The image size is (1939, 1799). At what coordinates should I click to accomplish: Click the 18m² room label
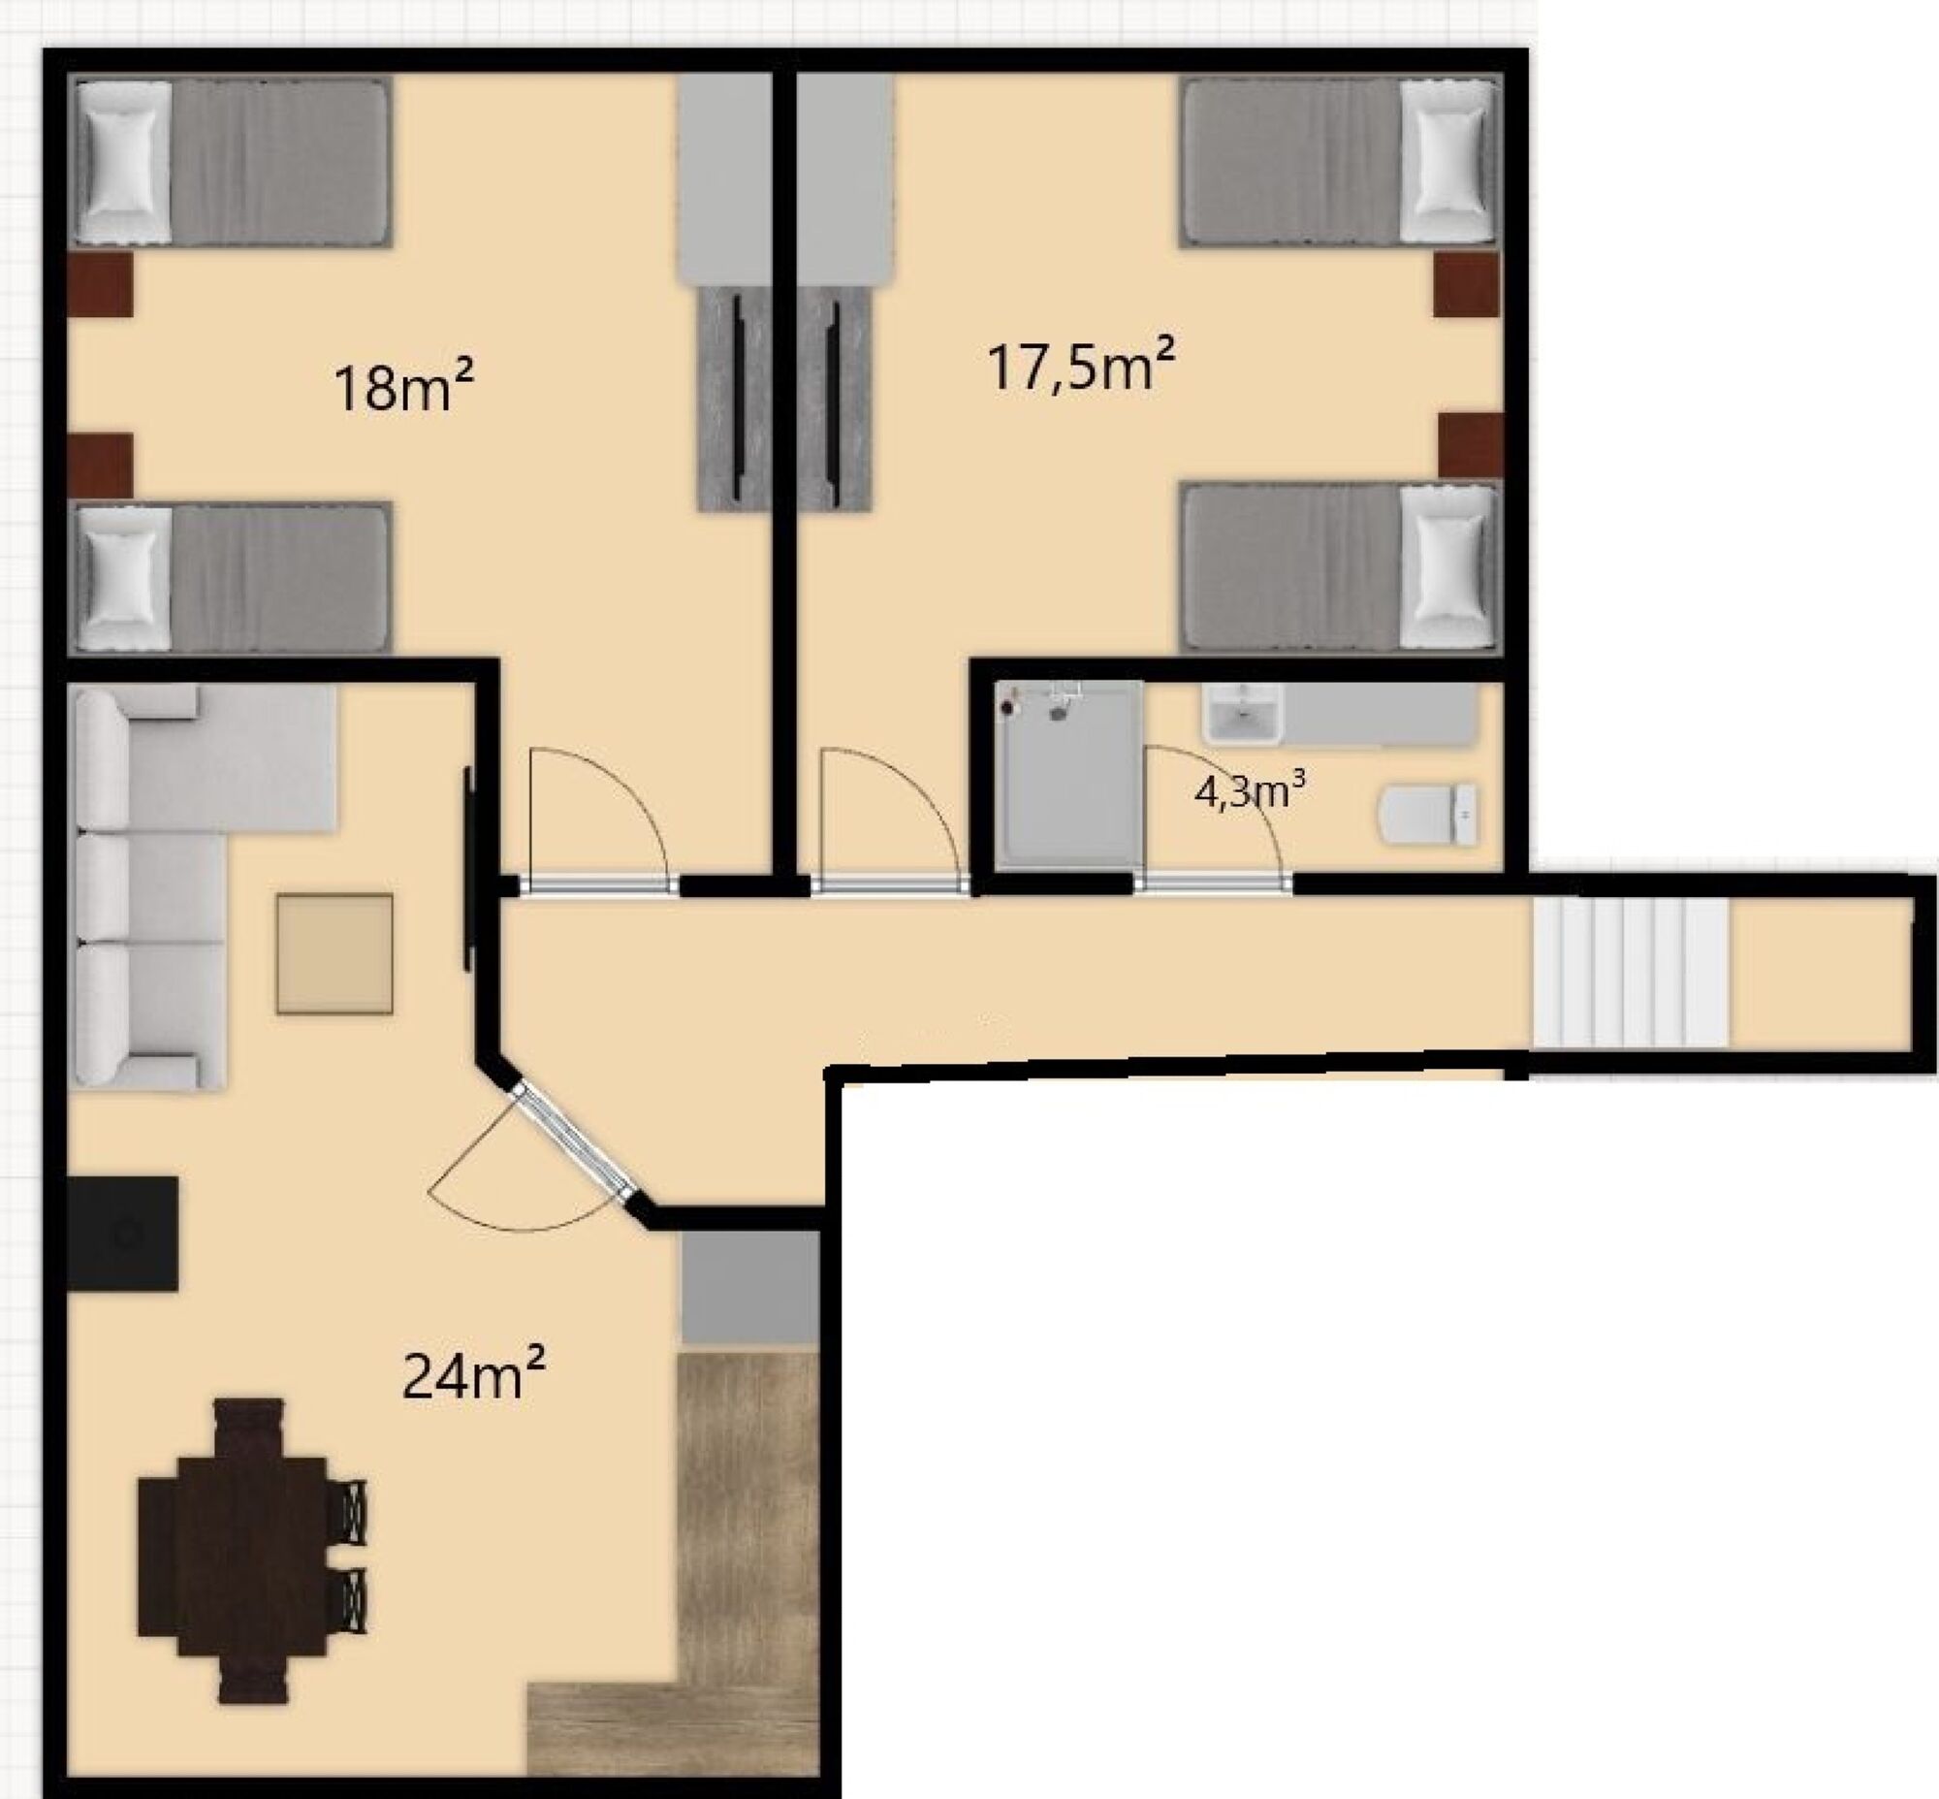coord(403,386)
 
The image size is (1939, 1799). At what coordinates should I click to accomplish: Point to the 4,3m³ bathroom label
coord(1249,792)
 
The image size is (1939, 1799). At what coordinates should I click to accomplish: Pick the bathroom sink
coord(1242,714)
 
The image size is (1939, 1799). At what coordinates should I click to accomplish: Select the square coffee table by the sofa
coord(334,954)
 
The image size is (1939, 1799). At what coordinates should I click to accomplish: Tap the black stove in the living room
coord(123,1234)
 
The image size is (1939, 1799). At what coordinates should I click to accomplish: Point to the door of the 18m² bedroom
coord(597,884)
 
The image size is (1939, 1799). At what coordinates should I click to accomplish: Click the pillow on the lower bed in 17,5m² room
coord(1447,566)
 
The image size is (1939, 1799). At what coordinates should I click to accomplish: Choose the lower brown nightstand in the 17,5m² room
coord(1471,445)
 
